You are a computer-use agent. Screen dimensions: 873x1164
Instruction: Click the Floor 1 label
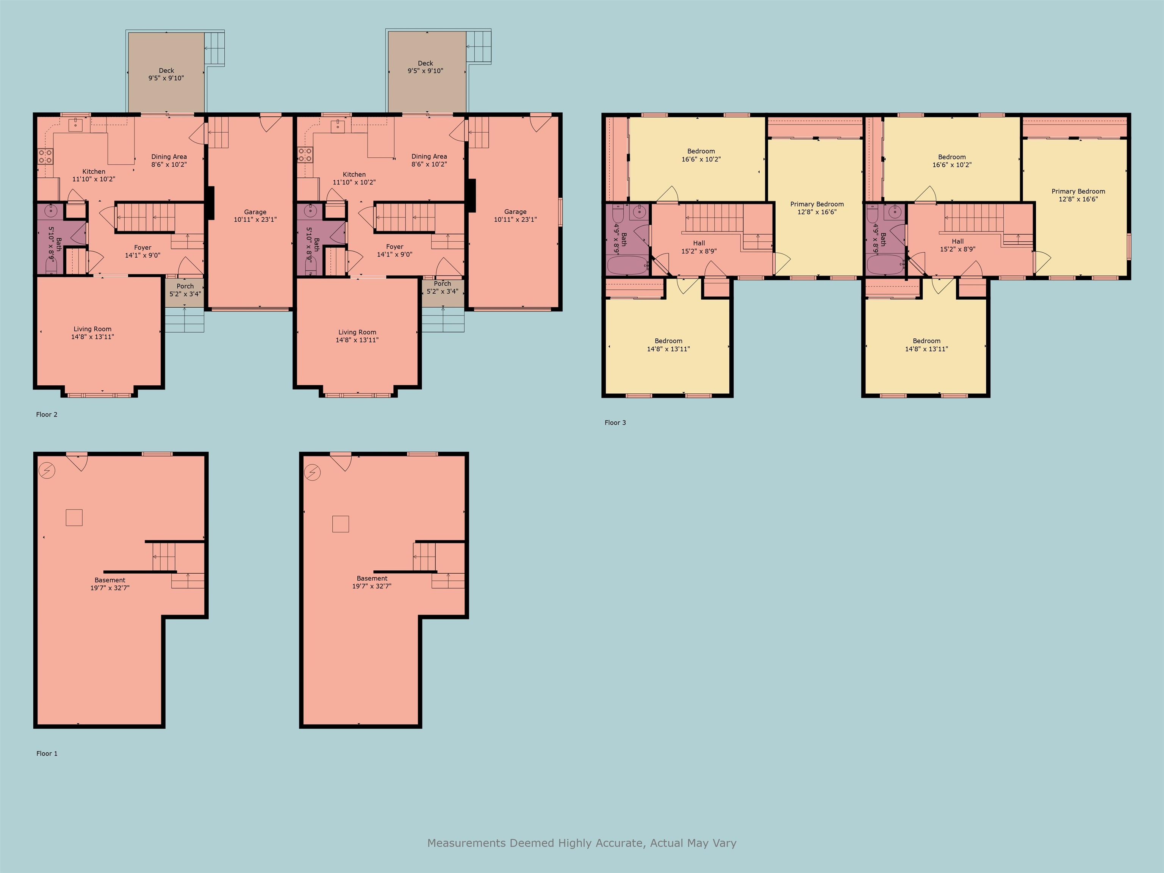(x=47, y=754)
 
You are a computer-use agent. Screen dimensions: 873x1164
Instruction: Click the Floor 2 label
(x=47, y=415)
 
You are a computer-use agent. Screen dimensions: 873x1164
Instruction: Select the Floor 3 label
(x=615, y=422)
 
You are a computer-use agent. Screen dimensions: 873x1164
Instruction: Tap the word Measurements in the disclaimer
(x=466, y=843)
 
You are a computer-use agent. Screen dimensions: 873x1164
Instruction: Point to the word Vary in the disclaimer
(x=724, y=843)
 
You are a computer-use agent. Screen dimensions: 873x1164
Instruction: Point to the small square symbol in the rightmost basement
(x=341, y=524)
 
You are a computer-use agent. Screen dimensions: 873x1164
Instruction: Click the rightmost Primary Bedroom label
(x=1078, y=195)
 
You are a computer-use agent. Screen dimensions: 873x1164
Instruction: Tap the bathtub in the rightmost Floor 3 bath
(x=886, y=265)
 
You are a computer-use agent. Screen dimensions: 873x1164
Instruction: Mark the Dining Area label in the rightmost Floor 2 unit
(x=429, y=160)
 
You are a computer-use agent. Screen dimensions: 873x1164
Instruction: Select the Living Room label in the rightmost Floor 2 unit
(x=357, y=336)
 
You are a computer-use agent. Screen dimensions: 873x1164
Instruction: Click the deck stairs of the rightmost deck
(x=478, y=47)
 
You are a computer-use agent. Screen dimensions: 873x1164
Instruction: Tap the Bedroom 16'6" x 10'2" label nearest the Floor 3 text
(x=701, y=155)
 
